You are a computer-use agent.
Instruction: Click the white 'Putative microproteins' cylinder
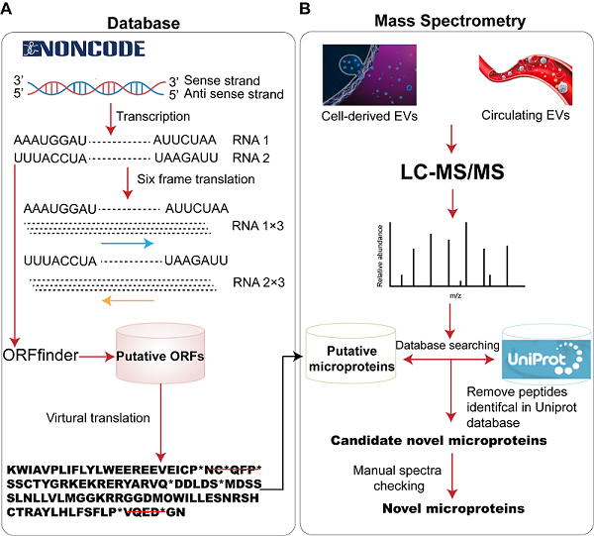(x=350, y=360)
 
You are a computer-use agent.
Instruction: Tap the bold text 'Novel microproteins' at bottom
(x=445, y=506)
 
